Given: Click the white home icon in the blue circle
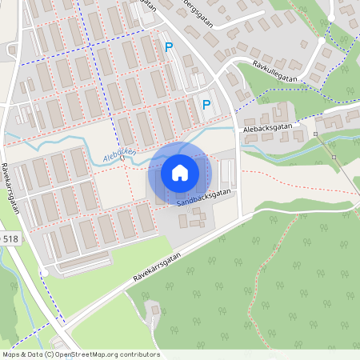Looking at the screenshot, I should pos(180,173).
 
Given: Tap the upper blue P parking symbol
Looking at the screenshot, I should pos(169,48).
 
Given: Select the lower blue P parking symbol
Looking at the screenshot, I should pos(206,105).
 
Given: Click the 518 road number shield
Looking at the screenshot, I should pos(10,239).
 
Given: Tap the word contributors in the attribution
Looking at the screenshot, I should pos(138,354).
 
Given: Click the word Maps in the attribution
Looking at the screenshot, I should pos(11,354).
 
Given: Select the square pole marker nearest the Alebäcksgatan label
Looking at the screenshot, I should pos(315,134).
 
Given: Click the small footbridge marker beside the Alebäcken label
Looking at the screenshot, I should pos(122,158).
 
